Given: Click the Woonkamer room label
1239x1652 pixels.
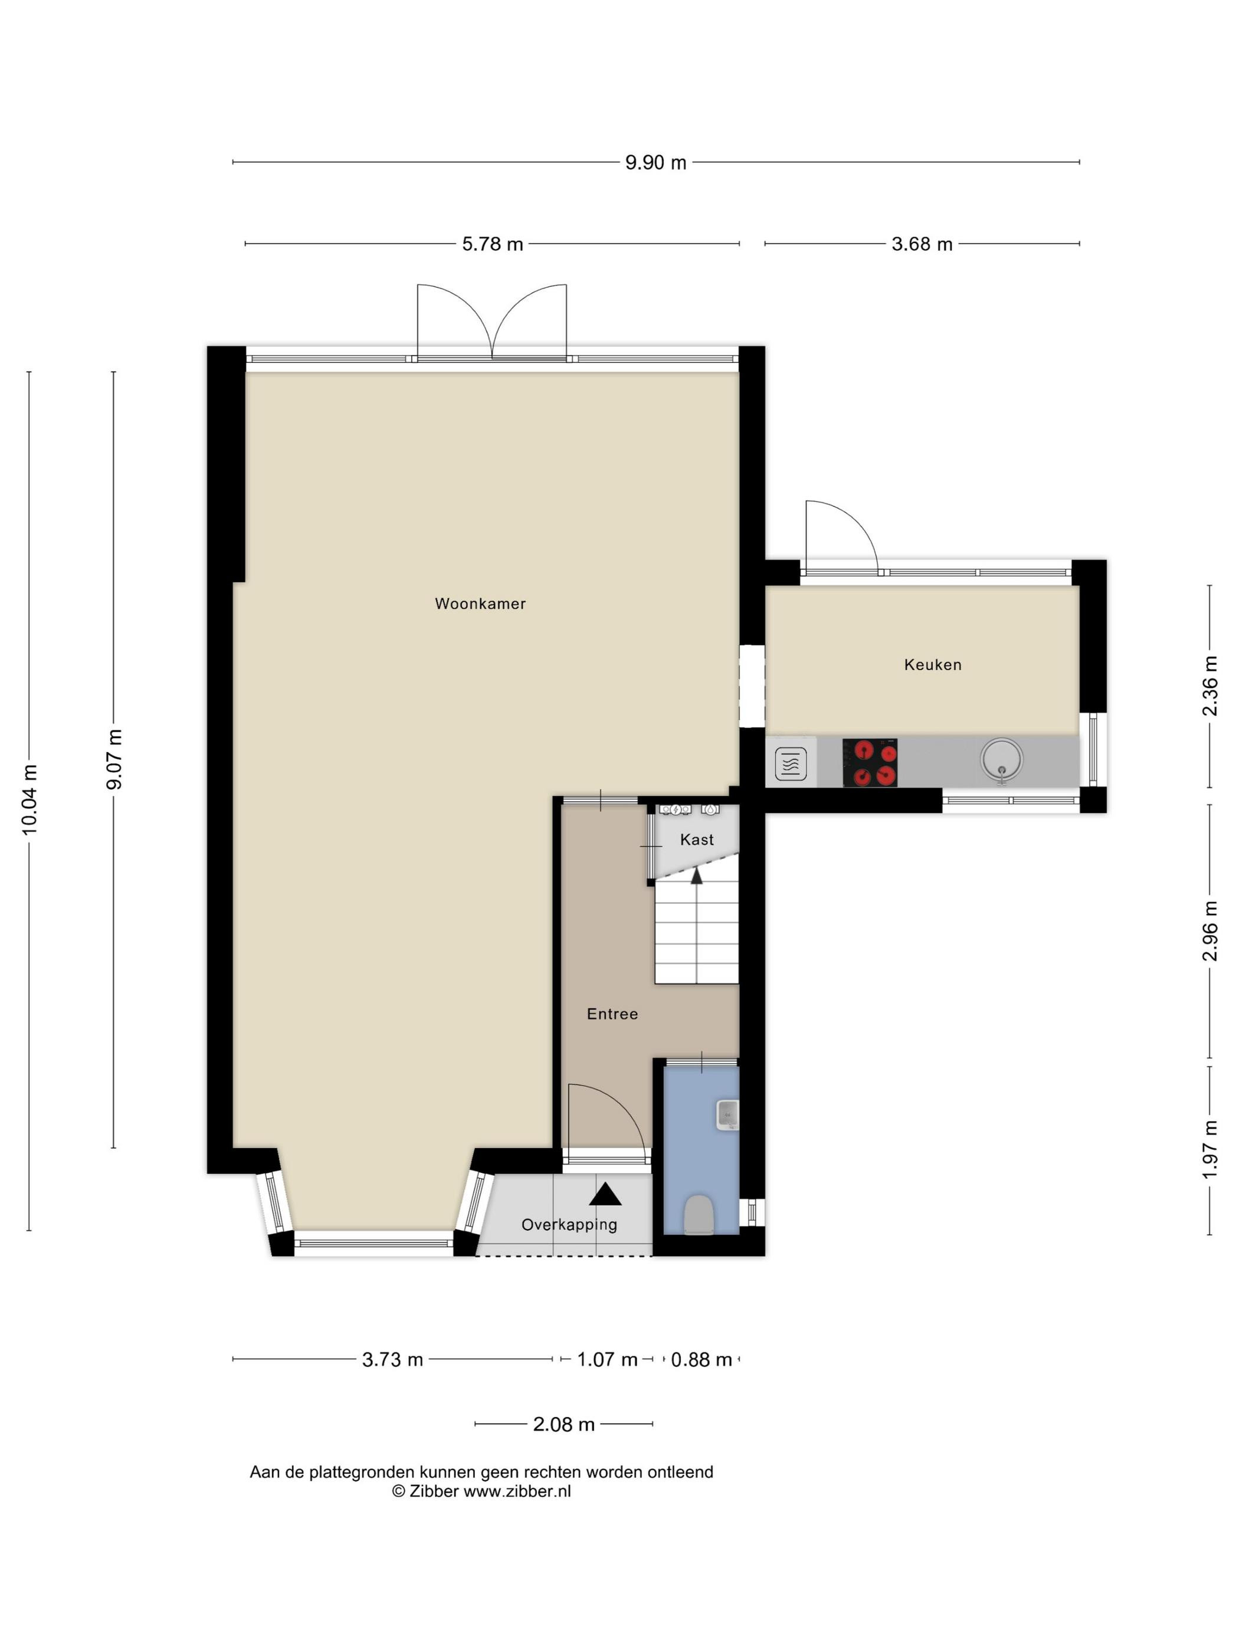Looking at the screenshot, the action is (x=480, y=604).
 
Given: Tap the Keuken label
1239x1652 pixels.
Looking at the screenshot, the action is (x=933, y=665).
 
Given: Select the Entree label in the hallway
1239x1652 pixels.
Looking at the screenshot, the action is (x=612, y=1014).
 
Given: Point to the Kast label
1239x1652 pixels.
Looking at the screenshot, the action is (x=697, y=840).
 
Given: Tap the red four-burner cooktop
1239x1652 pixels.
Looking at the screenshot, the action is (x=870, y=762).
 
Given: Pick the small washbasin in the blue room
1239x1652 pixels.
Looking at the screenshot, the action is (x=727, y=1115).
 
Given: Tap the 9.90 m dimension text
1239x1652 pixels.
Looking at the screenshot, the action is (x=655, y=163).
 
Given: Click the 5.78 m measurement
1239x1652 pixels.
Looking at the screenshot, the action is (x=492, y=244).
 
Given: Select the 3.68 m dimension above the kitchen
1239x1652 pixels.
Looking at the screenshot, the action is (x=922, y=244).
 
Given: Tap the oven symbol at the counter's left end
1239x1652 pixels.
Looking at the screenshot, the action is (x=790, y=764).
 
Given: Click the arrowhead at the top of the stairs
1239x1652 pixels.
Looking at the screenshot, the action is (x=697, y=876).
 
